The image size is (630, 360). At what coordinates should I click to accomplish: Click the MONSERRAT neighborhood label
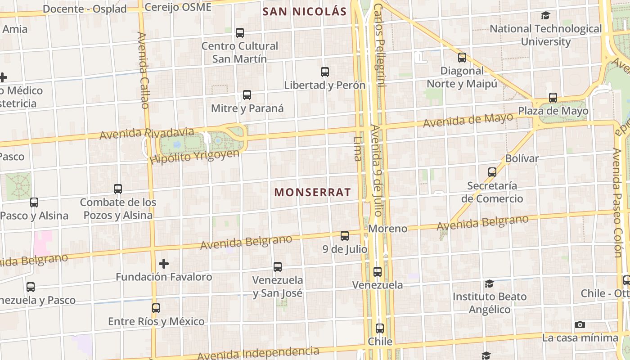point(312,192)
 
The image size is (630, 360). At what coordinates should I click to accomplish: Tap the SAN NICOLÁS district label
point(304,12)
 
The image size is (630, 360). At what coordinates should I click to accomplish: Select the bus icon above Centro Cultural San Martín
point(240,33)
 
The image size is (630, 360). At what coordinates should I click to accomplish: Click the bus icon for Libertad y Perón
point(325,72)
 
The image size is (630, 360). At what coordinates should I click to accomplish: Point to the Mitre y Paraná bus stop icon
point(247,95)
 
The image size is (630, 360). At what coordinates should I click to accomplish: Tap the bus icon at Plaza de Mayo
point(553,98)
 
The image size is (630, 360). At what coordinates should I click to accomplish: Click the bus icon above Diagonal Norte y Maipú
point(462,58)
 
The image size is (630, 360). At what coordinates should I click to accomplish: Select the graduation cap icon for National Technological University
point(546,16)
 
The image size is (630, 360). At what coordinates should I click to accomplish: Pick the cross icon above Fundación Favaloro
point(164,263)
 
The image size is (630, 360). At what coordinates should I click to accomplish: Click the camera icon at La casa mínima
point(580,325)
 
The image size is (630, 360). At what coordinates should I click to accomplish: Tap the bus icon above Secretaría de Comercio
point(492,172)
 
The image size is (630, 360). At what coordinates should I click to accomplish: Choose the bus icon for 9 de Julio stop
point(345,236)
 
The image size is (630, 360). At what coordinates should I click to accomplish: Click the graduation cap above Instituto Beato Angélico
point(489,283)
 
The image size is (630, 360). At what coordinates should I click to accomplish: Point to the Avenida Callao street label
point(144,70)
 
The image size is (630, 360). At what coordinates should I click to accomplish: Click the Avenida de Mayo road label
point(468,120)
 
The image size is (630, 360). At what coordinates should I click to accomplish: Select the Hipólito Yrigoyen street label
point(195,156)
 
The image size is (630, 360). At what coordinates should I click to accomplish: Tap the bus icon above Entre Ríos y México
point(156,308)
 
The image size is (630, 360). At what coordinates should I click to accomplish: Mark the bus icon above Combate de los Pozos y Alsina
point(118,189)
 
